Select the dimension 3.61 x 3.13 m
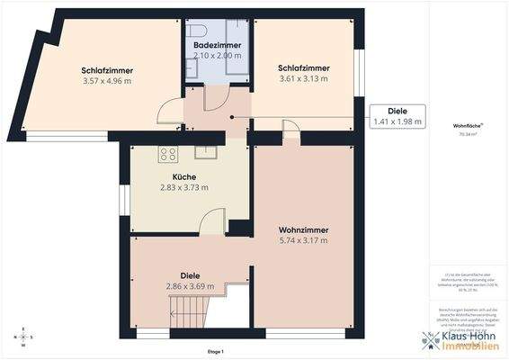tap(303, 78)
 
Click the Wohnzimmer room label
tap(303, 229)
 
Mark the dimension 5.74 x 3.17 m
tap(303, 240)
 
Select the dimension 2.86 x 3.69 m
tap(190, 286)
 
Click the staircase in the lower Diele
tap(190, 312)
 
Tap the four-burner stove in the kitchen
tap(167, 153)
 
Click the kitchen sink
tap(206, 150)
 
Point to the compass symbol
tap(24, 337)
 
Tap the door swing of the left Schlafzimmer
tap(169, 112)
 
